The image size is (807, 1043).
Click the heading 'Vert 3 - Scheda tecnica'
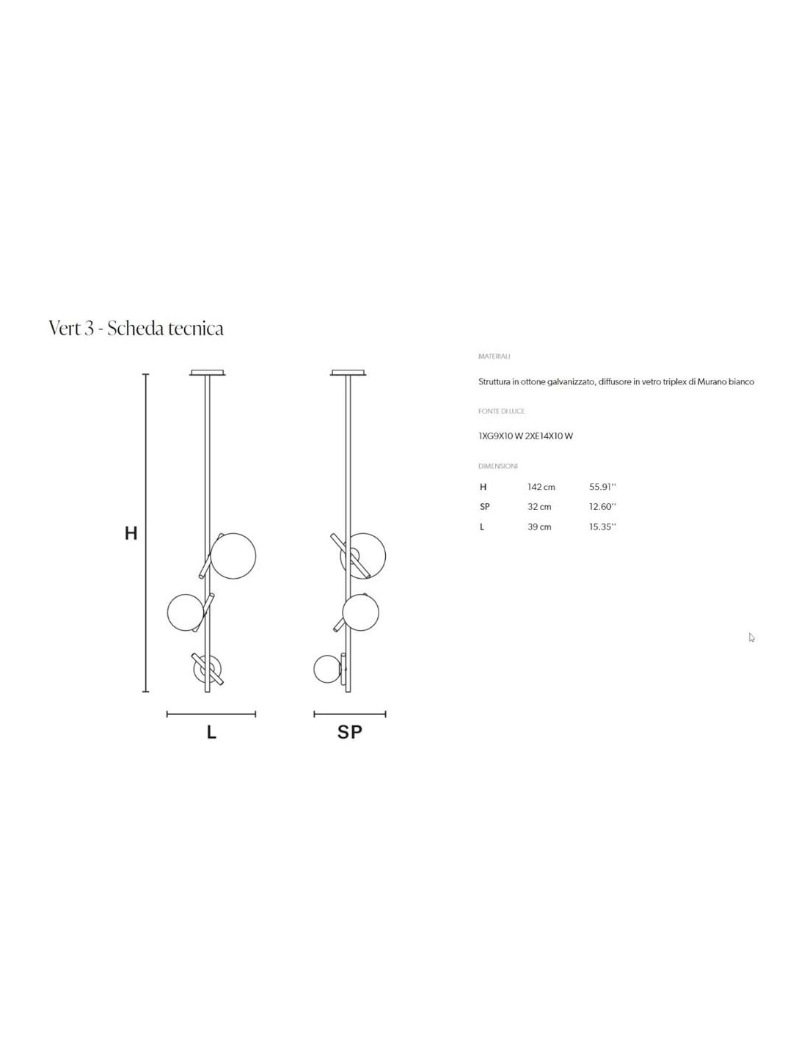pyautogui.click(x=136, y=329)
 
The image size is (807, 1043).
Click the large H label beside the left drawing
pyautogui.click(x=131, y=533)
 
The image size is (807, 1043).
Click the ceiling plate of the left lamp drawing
pyautogui.click(x=208, y=373)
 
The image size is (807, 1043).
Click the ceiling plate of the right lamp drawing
pyautogui.click(x=348, y=373)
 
